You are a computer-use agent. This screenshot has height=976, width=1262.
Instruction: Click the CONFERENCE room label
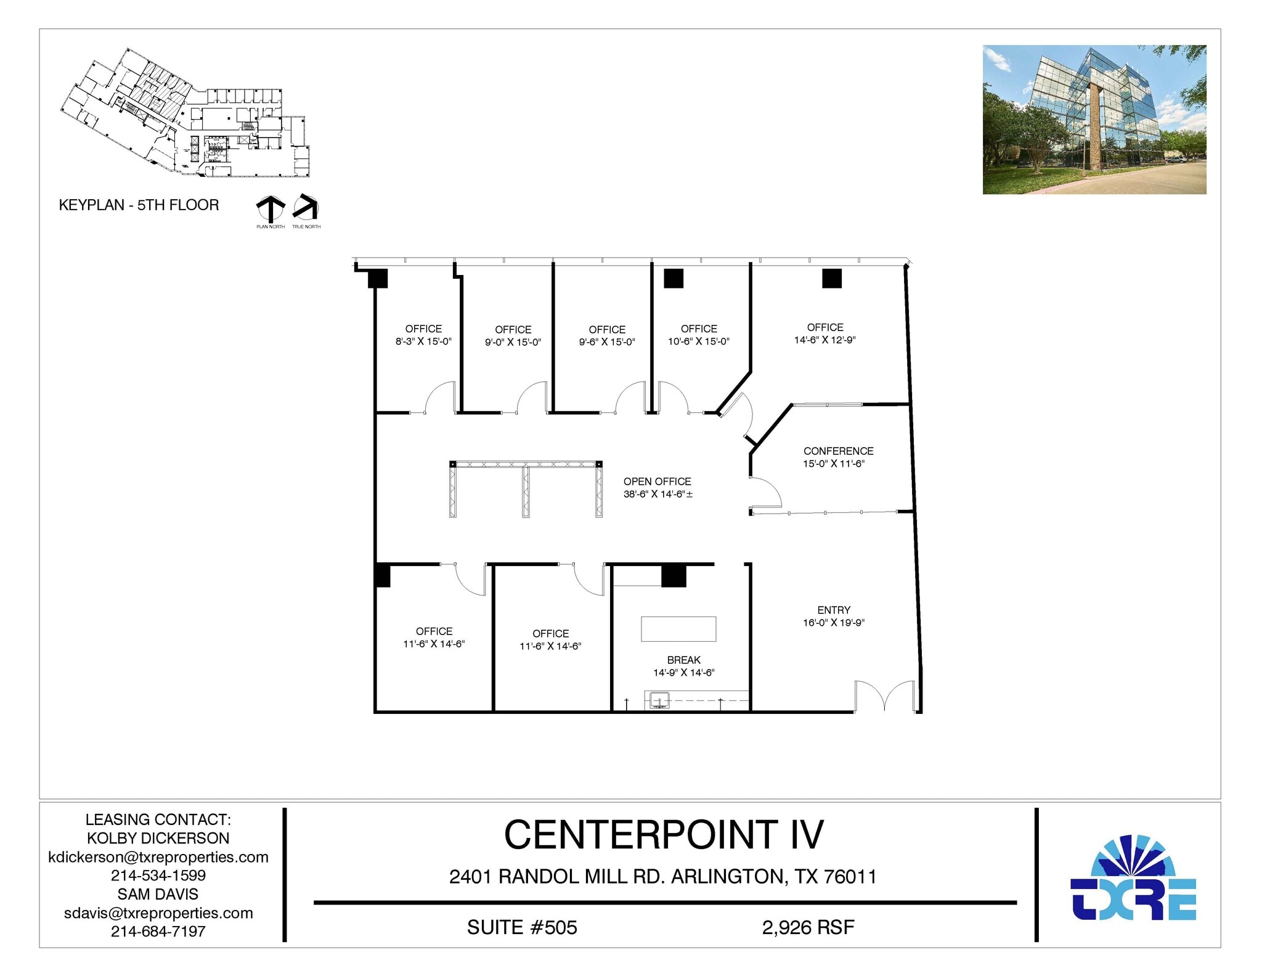[838, 451]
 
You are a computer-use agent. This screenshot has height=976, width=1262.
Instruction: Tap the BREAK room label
[683, 660]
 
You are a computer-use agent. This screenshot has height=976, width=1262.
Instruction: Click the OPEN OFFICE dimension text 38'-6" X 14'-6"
[657, 494]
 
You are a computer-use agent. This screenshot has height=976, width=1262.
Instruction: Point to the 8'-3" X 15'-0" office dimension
[423, 341]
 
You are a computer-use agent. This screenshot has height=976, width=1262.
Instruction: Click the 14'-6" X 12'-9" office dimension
[824, 340]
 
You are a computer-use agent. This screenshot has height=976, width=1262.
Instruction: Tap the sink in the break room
[659, 700]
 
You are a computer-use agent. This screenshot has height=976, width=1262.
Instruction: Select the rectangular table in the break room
[678, 629]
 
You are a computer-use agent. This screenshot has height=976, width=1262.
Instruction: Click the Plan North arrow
[271, 209]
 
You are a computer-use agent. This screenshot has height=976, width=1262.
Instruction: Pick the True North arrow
[306, 207]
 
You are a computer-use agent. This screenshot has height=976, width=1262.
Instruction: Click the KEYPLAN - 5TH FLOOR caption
[139, 205]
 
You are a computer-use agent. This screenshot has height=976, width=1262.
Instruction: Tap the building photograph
[1094, 120]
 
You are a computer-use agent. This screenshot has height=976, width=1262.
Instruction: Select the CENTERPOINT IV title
[664, 835]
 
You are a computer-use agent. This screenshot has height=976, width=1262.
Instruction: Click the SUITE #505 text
[522, 927]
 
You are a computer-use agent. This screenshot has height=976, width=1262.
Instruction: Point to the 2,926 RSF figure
[808, 927]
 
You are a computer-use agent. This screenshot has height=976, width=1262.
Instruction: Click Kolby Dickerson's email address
[158, 857]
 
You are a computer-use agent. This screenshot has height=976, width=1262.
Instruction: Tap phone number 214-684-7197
[158, 931]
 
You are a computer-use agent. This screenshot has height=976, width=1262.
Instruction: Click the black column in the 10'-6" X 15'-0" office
[674, 279]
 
